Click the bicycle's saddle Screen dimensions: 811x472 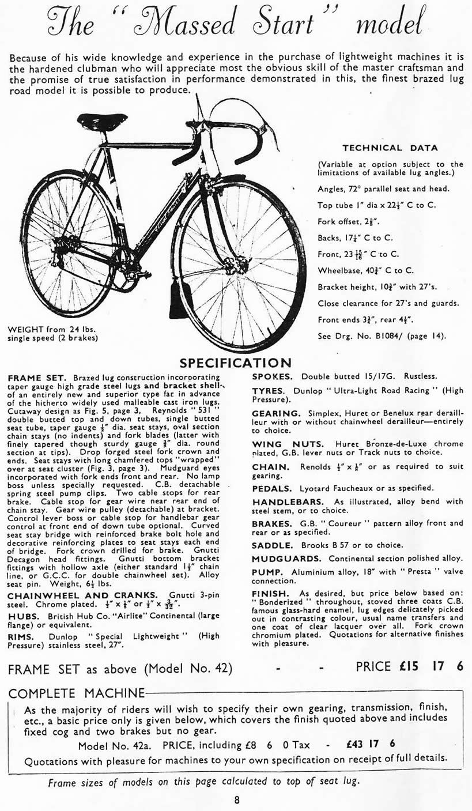(x=102, y=121)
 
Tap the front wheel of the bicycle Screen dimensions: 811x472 (x=241, y=265)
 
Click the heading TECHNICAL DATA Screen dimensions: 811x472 (x=390, y=148)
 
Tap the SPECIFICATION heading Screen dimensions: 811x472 (x=236, y=363)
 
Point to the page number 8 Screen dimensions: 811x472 (x=237, y=799)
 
